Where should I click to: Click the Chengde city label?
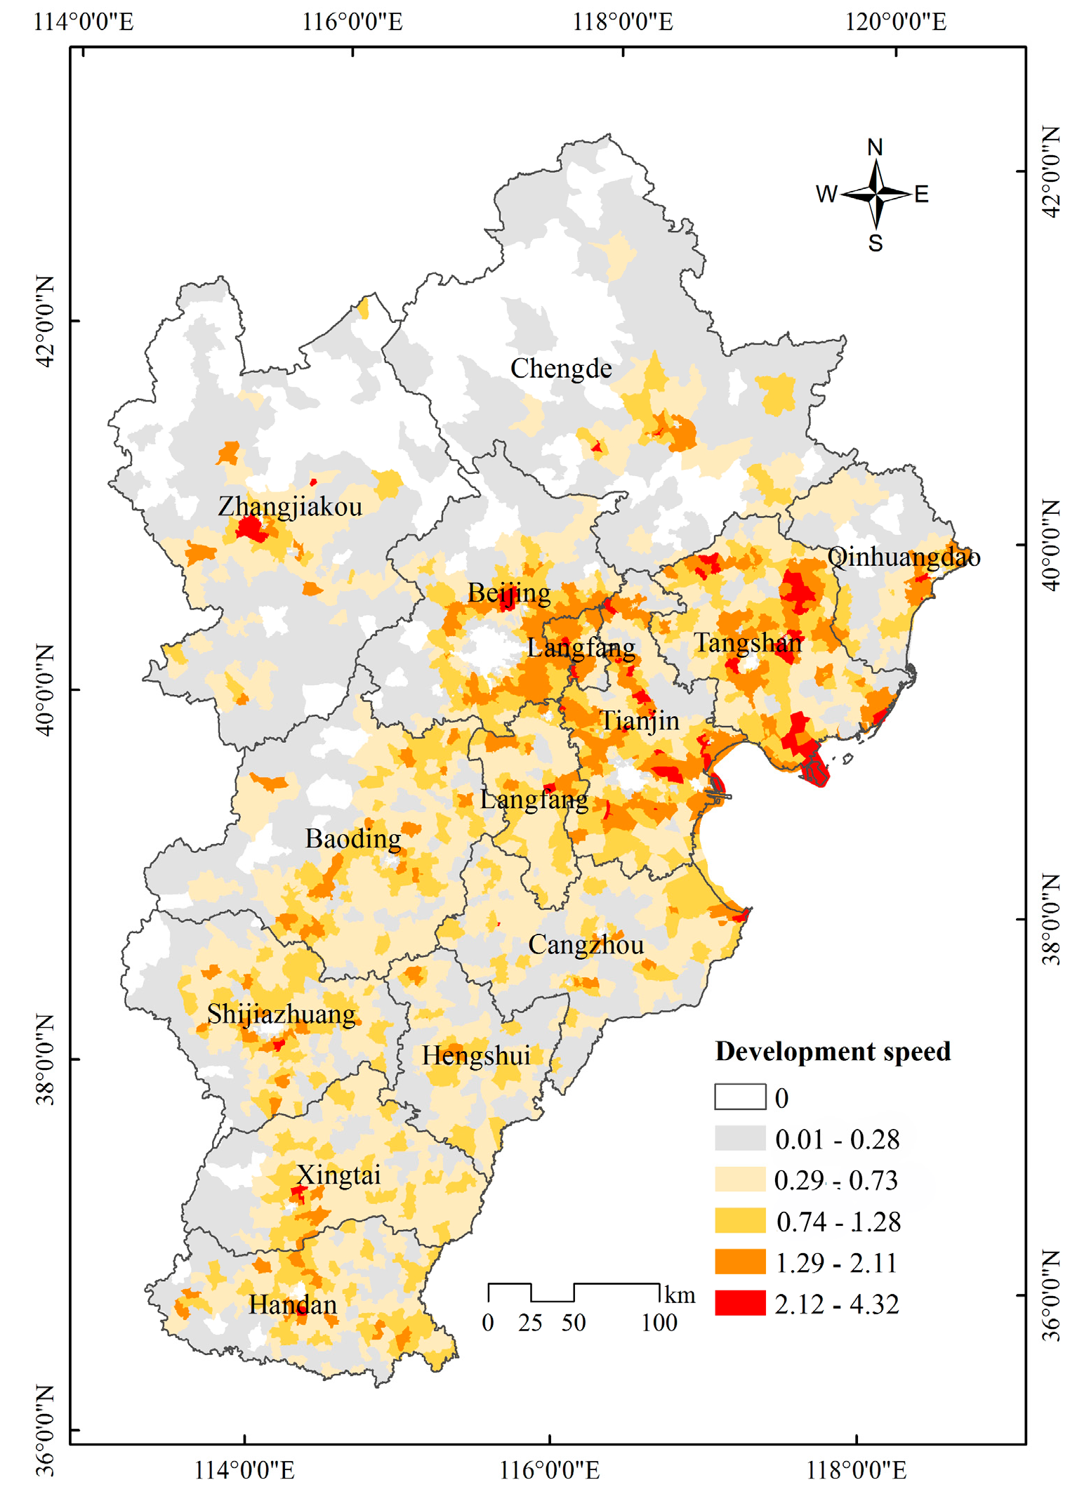560,369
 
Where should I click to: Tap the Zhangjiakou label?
289,506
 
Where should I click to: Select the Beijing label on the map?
509,593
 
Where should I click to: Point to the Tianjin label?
639,721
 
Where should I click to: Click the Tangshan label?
748,643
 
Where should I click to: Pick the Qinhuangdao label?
904,557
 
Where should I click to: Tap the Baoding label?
353,839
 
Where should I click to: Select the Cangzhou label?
586,945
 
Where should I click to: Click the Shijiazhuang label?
281,1014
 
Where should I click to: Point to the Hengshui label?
475,1056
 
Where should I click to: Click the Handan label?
293,1305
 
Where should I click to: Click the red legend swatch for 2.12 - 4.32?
740,1303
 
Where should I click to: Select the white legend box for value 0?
740,1097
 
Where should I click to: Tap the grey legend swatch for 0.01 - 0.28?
740,1138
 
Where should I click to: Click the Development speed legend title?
833,1052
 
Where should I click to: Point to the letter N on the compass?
875,147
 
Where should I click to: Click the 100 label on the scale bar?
659,1323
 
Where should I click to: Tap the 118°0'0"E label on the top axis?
623,22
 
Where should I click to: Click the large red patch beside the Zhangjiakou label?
251,528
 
